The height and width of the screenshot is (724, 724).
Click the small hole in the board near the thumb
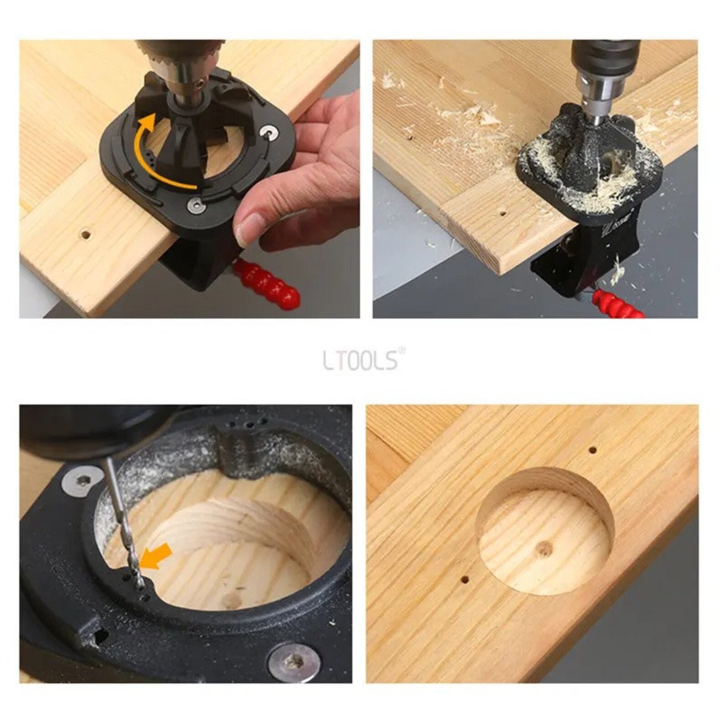coord(85,235)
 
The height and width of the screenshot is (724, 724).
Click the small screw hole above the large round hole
coord(592,450)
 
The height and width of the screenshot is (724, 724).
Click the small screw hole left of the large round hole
coord(464,580)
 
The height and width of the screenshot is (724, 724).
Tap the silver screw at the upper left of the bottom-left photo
coord(82,479)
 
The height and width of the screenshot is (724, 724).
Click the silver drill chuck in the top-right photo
coord(593,91)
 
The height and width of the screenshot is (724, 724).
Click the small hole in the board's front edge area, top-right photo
coord(502,213)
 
